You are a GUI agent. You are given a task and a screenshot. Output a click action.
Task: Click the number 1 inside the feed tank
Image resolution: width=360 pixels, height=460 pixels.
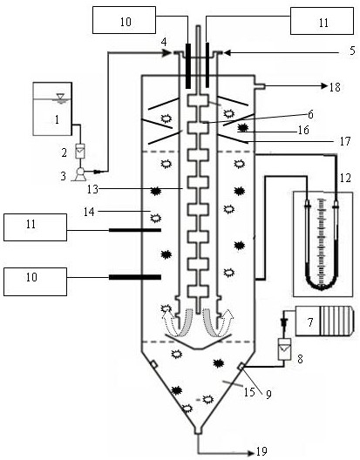click(57, 119)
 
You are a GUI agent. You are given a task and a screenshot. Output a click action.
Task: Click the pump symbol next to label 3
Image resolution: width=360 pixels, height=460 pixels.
click(80, 173)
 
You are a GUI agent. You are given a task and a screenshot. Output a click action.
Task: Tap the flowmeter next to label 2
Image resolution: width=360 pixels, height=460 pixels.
click(80, 152)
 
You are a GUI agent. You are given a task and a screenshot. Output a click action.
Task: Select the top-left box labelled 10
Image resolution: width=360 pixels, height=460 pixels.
click(124, 20)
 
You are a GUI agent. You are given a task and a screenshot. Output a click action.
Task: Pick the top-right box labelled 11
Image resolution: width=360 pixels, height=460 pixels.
click(323, 21)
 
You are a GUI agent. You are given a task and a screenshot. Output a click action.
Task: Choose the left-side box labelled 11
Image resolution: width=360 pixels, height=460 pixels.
click(35, 227)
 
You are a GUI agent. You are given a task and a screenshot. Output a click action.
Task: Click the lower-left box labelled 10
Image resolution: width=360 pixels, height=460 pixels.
click(35, 281)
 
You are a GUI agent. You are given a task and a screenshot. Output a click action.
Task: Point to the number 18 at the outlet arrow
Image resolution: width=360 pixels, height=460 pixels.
click(335, 87)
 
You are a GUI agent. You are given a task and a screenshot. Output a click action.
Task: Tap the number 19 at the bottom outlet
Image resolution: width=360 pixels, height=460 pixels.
click(262, 452)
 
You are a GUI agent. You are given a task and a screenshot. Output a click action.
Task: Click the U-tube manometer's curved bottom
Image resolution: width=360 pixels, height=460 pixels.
click(322, 286)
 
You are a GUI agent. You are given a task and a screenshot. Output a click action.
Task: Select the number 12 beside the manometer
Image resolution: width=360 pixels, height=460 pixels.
click(345, 177)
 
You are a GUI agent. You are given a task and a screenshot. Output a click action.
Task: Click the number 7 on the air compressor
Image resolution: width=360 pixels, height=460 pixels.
click(310, 322)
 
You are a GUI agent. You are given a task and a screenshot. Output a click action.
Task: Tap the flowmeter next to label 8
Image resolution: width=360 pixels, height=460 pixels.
click(284, 349)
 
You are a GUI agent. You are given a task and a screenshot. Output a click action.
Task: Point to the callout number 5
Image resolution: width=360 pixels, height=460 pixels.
click(352, 51)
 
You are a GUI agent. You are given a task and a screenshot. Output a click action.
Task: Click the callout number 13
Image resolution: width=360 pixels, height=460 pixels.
click(92, 189)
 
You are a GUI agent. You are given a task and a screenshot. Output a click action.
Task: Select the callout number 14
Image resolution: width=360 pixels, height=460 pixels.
click(89, 212)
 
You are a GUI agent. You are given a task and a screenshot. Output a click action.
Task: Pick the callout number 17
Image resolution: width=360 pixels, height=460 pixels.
click(345, 141)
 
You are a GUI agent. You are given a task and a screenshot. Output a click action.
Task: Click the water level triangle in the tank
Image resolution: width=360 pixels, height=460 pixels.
click(61, 97)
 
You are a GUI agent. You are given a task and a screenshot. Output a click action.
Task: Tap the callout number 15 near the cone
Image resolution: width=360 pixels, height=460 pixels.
click(249, 392)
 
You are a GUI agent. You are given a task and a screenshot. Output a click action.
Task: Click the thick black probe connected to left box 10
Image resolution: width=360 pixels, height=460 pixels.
click(135, 277)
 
